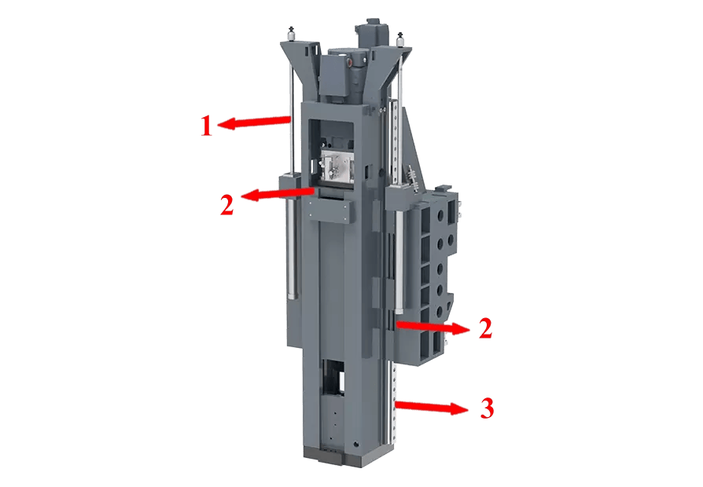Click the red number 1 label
point(206,126)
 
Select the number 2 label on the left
point(226,204)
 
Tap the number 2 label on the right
point(485,328)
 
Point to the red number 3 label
point(487,408)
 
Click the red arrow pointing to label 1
point(254,122)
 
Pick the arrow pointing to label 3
point(432,407)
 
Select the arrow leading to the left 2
point(277,193)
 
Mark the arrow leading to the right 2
point(432,328)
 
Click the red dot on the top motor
point(349,62)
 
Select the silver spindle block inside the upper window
point(335,167)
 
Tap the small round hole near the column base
point(356,445)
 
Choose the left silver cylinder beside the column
point(292,249)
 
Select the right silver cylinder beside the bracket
point(399,262)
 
